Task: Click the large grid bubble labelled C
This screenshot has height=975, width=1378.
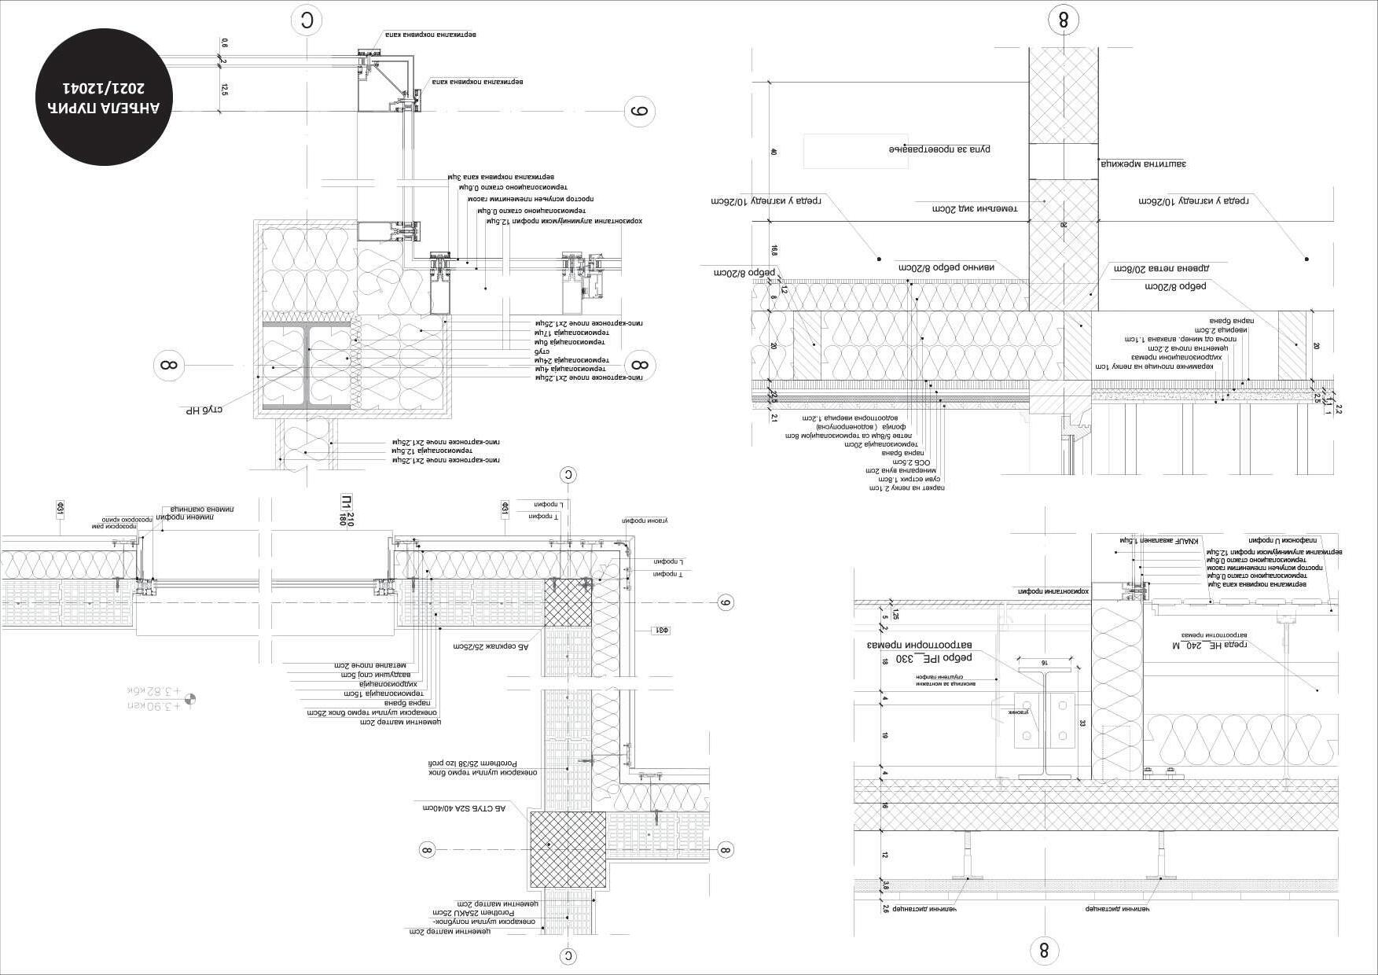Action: [x=307, y=21]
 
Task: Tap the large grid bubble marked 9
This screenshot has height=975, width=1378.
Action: [x=639, y=112]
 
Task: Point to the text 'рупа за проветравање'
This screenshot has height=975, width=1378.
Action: [x=939, y=149]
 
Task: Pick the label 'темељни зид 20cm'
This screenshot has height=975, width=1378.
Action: [x=975, y=208]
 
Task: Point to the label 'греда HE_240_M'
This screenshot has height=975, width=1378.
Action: [x=1211, y=645]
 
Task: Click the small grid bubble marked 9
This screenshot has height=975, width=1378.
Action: [x=726, y=603]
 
